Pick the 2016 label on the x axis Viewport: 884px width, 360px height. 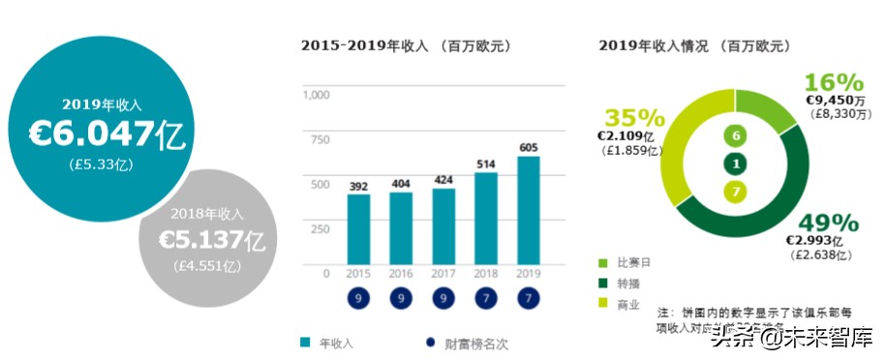(401, 274)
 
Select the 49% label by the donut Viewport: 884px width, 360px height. (821, 222)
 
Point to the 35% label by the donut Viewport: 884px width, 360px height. (634, 118)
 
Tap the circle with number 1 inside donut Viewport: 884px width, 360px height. (736, 165)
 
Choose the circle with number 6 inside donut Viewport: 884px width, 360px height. (736, 136)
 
